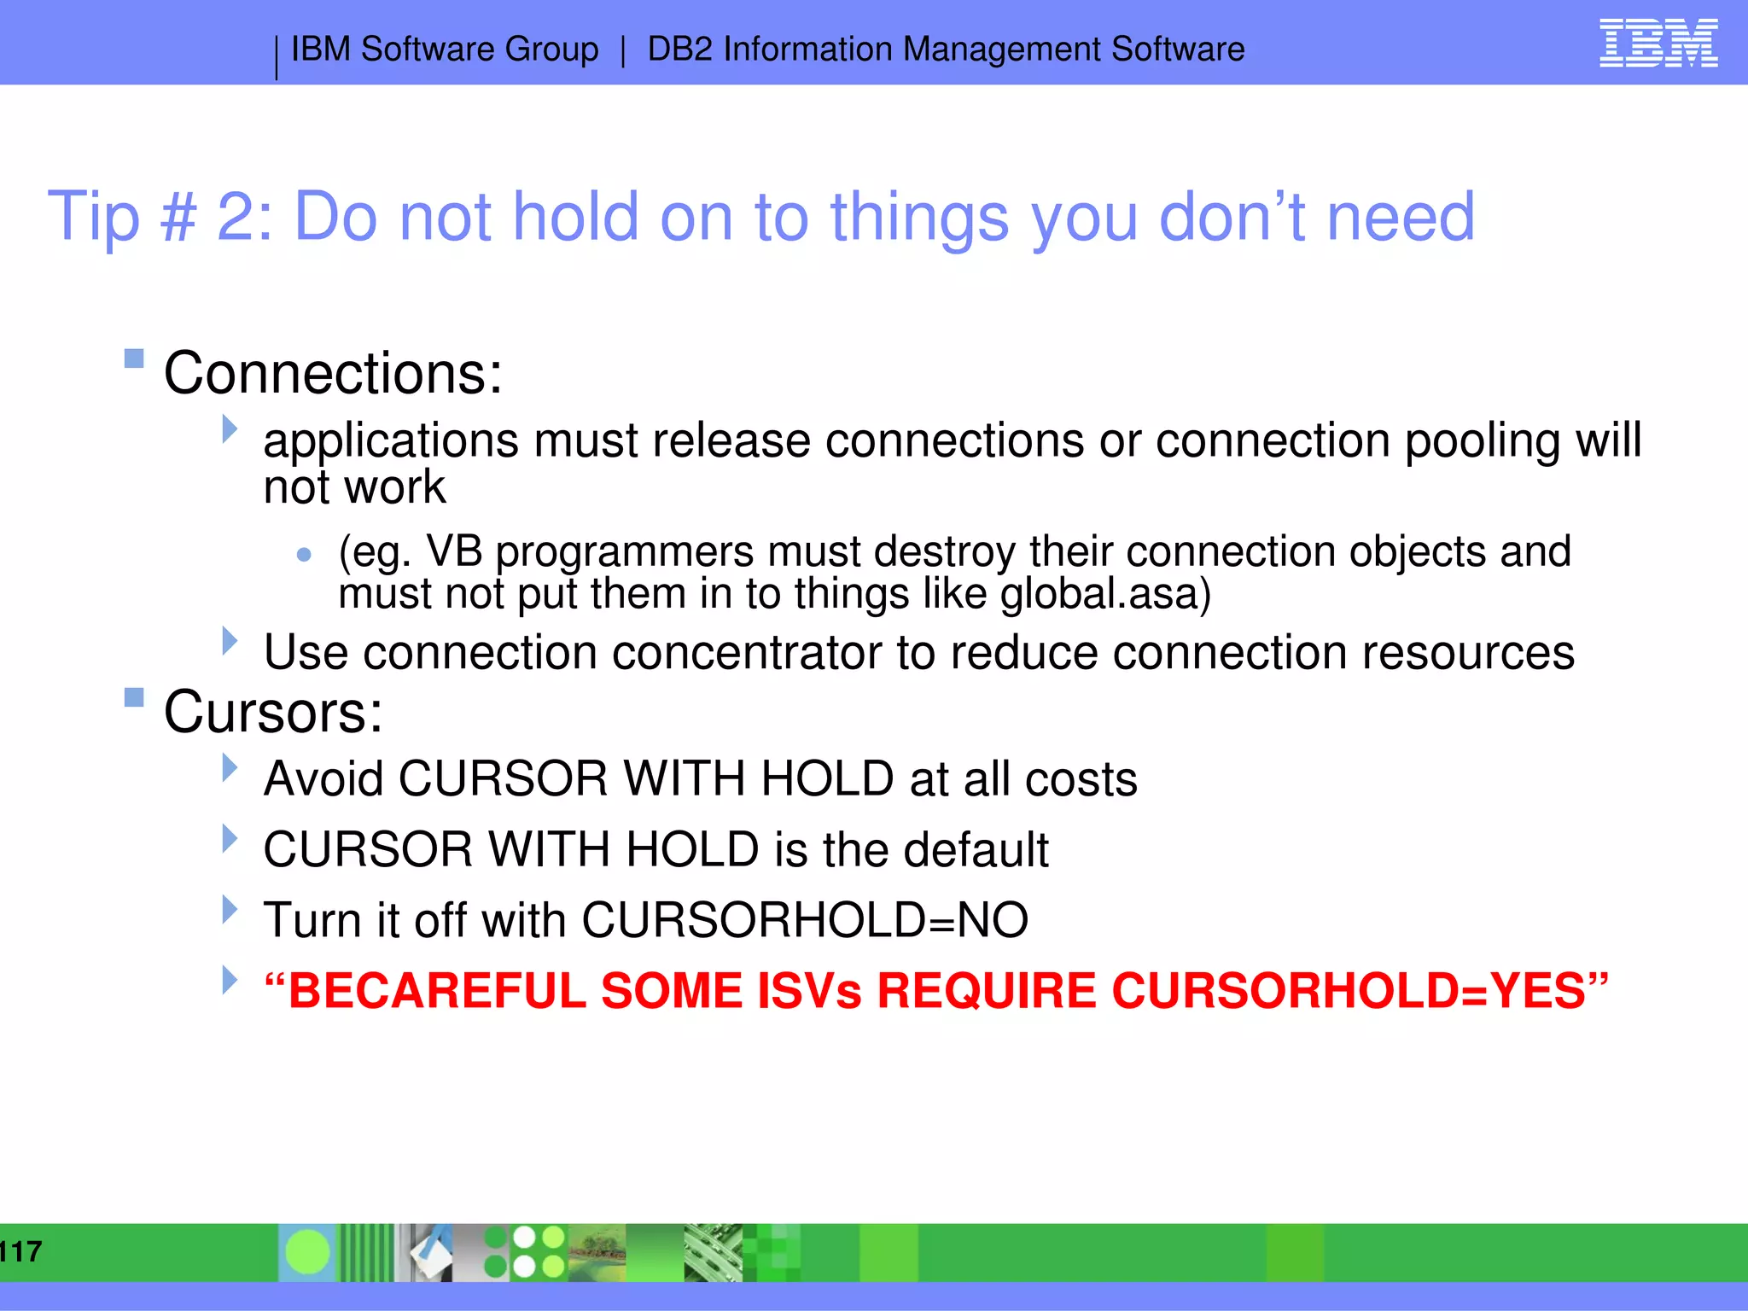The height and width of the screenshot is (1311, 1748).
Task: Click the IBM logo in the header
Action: pos(1658,44)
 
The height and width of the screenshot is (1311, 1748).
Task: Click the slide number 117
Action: pos(20,1251)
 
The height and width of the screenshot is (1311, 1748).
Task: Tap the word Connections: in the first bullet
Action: pos(333,374)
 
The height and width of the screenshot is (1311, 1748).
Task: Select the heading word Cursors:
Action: pos(273,712)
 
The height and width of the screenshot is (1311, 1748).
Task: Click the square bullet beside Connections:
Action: pos(134,358)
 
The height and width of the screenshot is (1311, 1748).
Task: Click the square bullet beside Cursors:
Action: pos(134,697)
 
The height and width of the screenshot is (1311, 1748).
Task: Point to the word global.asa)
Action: pos(1105,594)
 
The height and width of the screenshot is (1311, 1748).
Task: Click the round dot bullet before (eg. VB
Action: pos(304,555)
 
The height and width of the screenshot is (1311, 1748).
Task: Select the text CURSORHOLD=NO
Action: pos(804,920)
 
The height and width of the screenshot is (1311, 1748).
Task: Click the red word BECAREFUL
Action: pos(437,991)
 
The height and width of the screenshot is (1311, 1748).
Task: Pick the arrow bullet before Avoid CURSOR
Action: pos(229,768)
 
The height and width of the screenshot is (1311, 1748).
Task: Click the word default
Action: pos(976,850)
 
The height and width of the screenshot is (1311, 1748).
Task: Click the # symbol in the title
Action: pos(178,217)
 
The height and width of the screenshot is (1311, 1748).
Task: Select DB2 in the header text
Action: pos(679,50)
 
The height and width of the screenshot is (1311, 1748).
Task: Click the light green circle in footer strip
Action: pos(307,1252)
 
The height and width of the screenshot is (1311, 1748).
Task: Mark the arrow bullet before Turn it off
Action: pos(229,909)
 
